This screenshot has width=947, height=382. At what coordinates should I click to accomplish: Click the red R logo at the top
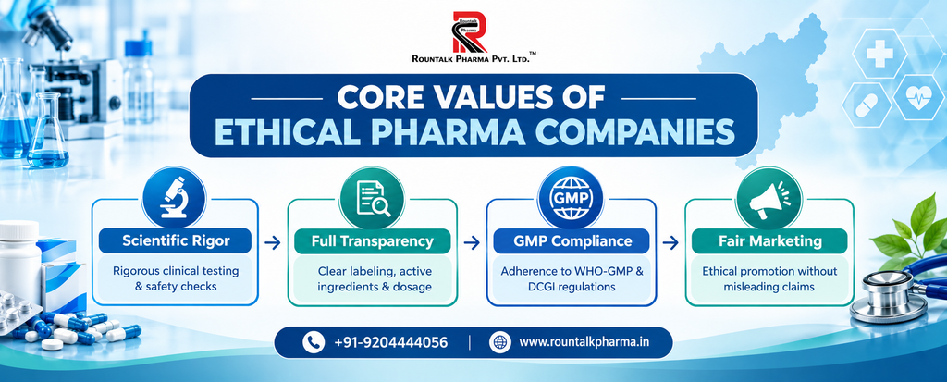[470, 31]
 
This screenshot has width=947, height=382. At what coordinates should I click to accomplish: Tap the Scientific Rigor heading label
[176, 241]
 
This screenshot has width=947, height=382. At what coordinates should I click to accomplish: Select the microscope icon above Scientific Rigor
[175, 197]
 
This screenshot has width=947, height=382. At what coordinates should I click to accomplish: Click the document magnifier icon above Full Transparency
[372, 198]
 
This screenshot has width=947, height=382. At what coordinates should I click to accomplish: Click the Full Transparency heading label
[373, 241]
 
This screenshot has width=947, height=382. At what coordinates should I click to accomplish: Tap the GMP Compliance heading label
[571, 241]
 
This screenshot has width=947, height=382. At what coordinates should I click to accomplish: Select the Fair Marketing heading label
[769, 241]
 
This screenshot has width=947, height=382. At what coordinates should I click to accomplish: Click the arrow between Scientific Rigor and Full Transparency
[273, 243]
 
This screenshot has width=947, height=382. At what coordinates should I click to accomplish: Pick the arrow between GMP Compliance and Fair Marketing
[670, 243]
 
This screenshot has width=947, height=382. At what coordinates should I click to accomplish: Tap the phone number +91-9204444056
[391, 343]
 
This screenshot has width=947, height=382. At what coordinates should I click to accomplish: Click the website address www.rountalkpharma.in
[584, 343]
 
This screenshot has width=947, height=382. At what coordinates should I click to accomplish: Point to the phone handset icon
[314, 343]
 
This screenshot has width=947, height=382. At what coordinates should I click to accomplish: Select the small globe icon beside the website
[499, 343]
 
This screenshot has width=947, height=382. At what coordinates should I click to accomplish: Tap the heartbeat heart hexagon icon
[917, 97]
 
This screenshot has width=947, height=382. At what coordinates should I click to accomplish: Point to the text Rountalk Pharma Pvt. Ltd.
[471, 59]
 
